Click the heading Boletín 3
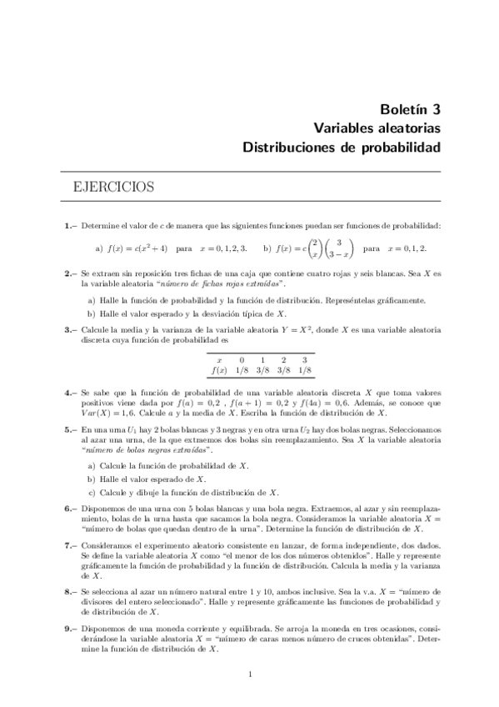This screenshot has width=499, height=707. pyautogui.click(x=404, y=108)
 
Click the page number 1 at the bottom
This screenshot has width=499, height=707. pyautogui.click(x=250, y=675)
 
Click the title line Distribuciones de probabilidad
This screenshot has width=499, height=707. pyautogui.click(x=353, y=148)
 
